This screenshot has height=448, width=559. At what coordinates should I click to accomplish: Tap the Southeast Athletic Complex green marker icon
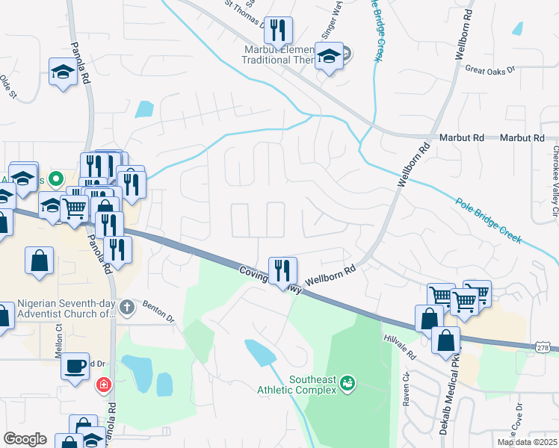tap(347, 384)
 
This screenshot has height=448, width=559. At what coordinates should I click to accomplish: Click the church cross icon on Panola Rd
tap(127, 306)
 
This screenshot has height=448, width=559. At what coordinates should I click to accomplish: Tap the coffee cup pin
tap(75, 366)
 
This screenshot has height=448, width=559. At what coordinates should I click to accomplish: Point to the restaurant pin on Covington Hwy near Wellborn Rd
tap(282, 270)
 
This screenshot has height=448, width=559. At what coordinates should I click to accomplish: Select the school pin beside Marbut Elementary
tap(329, 56)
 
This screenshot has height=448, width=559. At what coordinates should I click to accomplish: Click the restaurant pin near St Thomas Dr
tap(278, 30)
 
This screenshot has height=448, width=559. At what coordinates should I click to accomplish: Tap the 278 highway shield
tap(544, 348)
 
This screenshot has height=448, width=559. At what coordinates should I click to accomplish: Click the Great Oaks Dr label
tap(490, 69)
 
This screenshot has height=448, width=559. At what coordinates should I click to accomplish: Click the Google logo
tap(25, 438)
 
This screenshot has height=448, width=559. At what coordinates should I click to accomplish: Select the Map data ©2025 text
tap(527, 442)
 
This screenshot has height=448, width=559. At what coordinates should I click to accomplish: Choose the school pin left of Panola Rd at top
tap(63, 72)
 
